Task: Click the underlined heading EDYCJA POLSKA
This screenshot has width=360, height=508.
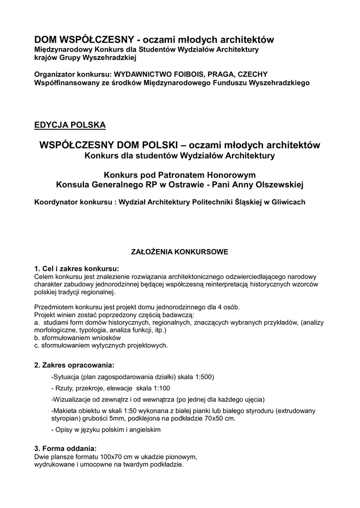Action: tap(70, 125)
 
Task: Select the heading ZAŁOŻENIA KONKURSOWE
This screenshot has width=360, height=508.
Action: tap(179, 252)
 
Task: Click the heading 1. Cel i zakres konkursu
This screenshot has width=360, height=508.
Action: tap(76, 269)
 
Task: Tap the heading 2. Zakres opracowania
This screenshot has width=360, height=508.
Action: tap(74, 365)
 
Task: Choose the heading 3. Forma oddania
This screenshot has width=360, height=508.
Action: tap(66, 448)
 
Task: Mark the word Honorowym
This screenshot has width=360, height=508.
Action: tap(227, 175)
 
